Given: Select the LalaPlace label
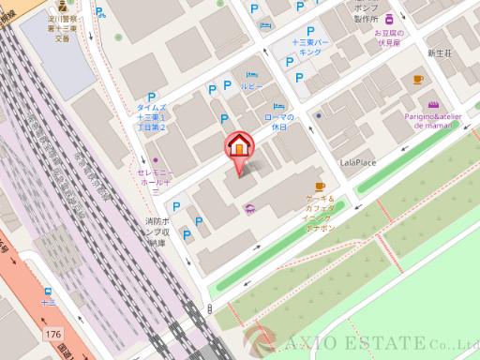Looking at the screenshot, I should [x=357, y=162].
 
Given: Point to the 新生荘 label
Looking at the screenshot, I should [x=440, y=54].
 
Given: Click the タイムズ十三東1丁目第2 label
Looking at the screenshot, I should [x=150, y=117].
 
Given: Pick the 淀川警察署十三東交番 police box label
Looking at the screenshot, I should [x=62, y=27].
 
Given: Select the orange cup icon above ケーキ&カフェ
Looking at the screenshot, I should [x=321, y=186].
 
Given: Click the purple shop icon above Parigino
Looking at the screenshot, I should [x=432, y=104].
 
